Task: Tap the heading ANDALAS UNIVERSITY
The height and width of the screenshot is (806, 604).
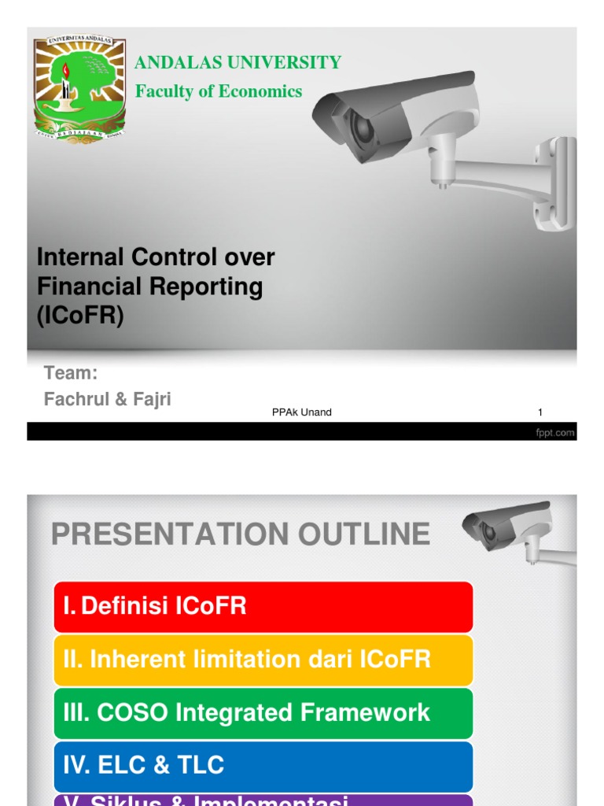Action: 238,63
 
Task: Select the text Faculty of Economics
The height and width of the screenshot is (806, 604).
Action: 219,91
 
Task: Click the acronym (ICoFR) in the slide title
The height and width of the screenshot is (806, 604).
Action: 81,316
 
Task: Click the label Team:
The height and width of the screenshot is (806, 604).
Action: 71,373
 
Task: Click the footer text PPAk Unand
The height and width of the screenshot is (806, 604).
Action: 301,412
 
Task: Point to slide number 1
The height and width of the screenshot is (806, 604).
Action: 540,412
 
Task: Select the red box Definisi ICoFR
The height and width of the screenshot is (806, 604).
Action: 263,606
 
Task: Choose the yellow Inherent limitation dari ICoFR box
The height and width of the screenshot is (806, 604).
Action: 263,660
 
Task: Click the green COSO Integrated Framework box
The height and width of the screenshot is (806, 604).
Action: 263,713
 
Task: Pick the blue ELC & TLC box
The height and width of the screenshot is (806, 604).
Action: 263,765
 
